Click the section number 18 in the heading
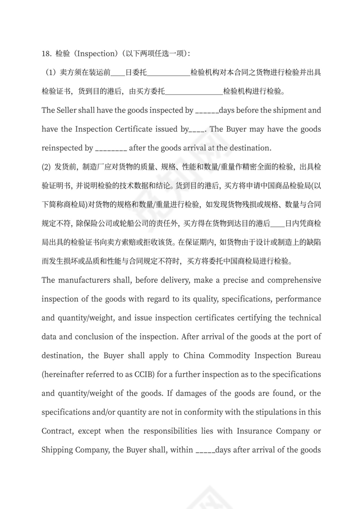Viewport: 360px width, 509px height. click(x=46, y=54)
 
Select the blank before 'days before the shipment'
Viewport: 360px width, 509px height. click(x=207, y=111)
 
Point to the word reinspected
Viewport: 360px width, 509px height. click(x=60, y=148)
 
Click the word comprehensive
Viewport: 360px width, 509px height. click(x=294, y=280)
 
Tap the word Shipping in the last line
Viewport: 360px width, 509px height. click(x=57, y=450)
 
